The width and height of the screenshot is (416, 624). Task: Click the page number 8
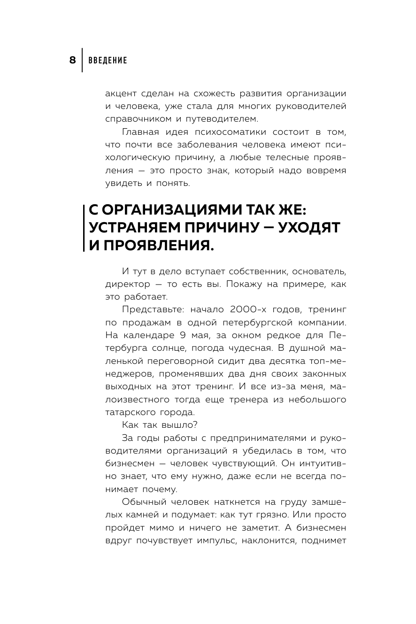click(x=72, y=60)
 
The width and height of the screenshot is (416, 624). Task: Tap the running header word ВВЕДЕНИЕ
click(x=108, y=61)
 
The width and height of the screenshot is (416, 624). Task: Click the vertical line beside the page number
click(x=83, y=60)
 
